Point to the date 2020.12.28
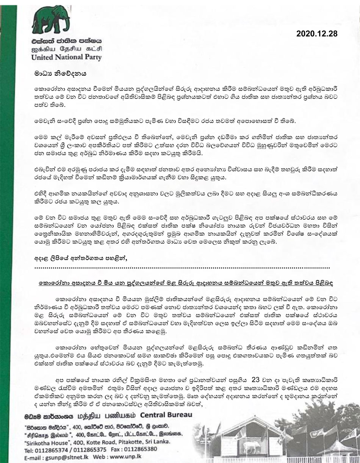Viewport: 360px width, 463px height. [x=316, y=34]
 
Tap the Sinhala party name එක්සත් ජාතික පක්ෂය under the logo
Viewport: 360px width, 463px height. [x=67, y=41]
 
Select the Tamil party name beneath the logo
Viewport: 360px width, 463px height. [x=67, y=49]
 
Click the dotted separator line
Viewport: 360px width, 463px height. [x=182, y=267]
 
